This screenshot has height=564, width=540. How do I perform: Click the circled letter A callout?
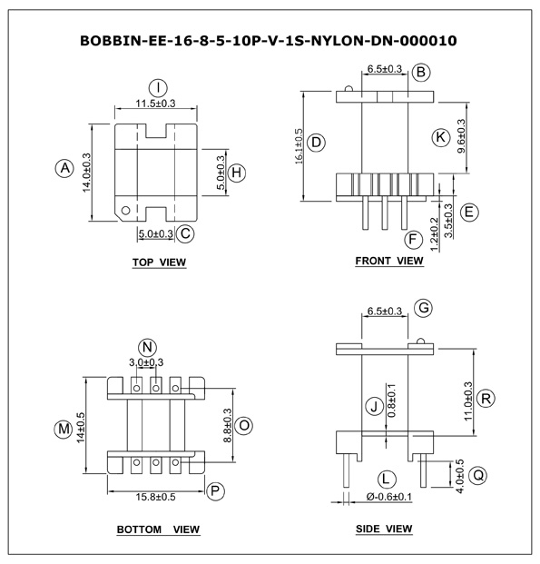[x=64, y=168]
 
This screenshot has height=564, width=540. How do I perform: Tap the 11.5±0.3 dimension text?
[x=155, y=104]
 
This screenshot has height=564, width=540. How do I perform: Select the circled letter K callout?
[x=440, y=137]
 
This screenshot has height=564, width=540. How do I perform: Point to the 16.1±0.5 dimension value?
[x=299, y=146]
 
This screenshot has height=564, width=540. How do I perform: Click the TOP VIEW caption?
[x=159, y=262]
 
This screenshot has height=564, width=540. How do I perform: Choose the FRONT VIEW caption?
[x=389, y=261]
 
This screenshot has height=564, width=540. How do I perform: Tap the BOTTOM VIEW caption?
[x=158, y=529]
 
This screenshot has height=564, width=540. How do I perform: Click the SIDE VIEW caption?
[x=384, y=529]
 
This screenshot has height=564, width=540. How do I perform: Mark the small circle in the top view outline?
[x=125, y=211]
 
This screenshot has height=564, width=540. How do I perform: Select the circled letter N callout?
[x=147, y=348]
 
